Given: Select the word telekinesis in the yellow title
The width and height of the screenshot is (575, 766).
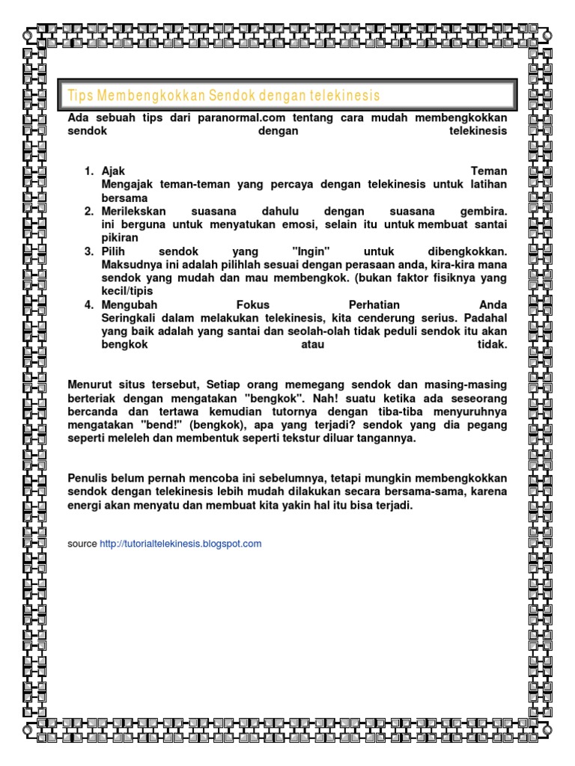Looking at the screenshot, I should coord(344,96).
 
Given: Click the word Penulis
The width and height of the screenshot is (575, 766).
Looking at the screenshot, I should coord(88,479).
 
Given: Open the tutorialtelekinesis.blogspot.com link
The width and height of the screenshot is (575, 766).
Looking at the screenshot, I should coord(180,544).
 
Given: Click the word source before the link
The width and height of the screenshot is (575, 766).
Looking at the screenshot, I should coord(82,544).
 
